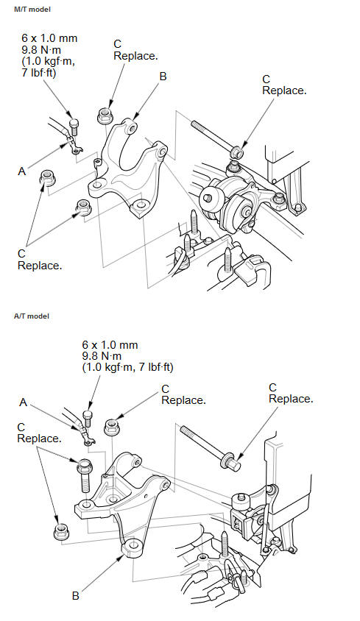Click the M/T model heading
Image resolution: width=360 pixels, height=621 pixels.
click(x=32, y=9)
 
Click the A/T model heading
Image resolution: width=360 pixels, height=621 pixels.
click(x=32, y=316)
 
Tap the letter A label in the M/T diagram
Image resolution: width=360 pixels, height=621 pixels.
click(x=22, y=171)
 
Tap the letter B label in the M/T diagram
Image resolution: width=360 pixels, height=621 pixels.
click(x=163, y=77)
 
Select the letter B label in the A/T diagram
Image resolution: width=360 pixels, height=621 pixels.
click(x=75, y=596)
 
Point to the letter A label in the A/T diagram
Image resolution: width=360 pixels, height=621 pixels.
click(x=23, y=402)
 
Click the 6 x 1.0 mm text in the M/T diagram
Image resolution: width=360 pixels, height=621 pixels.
click(x=49, y=38)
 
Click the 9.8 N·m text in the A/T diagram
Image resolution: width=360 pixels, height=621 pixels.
click(x=102, y=355)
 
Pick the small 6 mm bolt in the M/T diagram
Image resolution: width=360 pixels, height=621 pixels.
click(x=74, y=127)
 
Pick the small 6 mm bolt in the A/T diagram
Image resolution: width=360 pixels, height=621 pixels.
click(x=88, y=418)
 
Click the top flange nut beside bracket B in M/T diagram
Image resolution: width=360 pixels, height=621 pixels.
click(x=104, y=116)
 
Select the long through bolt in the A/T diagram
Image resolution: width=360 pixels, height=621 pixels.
click(x=210, y=448)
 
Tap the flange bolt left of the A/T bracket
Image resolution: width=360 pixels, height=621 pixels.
click(x=85, y=475)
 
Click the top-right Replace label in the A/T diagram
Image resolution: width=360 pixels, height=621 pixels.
click(x=291, y=399)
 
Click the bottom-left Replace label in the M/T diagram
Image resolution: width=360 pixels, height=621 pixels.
click(x=40, y=266)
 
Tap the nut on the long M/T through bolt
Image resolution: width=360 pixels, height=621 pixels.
click(x=237, y=152)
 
